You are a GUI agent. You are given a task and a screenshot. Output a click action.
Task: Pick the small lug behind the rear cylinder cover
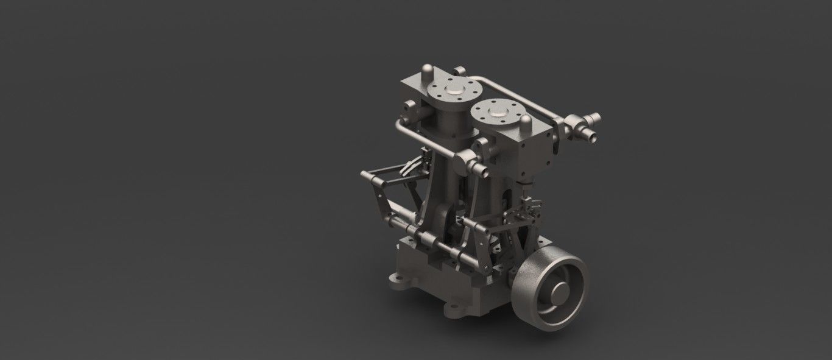click(x=460, y=72)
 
